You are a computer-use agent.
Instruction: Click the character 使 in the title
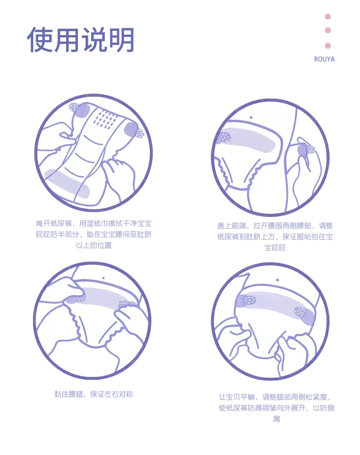(x=40, y=40)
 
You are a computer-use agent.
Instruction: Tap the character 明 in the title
(x=121, y=40)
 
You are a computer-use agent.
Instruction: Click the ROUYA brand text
(x=324, y=59)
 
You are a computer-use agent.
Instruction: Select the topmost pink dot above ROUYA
(x=328, y=16)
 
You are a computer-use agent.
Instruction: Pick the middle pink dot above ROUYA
(x=328, y=30)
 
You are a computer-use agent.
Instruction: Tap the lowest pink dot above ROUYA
(x=328, y=46)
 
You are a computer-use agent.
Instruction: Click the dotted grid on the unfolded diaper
(x=106, y=119)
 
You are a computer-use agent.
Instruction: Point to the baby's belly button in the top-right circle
(x=251, y=118)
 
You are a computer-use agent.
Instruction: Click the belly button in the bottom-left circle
(x=103, y=278)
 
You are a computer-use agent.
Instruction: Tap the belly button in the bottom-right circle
(x=278, y=280)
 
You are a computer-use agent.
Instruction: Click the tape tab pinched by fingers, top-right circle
(x=306, y=149)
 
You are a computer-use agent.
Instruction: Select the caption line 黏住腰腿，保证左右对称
(x=94, y=394)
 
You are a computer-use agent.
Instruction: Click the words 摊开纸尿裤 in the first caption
(x=54, y=224)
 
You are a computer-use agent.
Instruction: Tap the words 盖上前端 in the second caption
(x=231, y=226)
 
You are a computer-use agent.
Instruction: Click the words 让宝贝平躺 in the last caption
(x=237, y=397)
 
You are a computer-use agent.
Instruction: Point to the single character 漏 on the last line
(x=277, y=419)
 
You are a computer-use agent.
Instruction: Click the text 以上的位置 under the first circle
(x=94, y=245)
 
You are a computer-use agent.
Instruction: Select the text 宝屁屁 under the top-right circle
(x=275, y=248)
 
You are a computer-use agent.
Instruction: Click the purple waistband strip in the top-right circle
(x=248, y=140)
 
